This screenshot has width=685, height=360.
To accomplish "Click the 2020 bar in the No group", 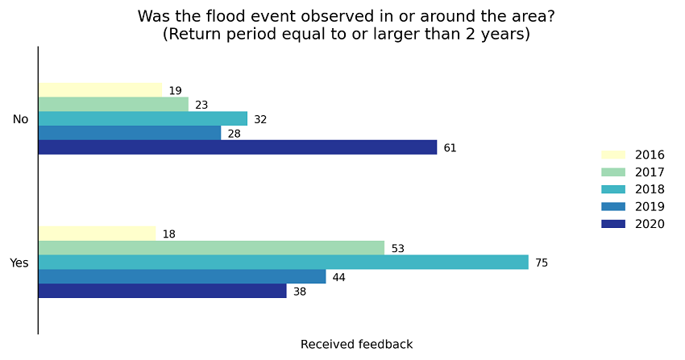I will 237,147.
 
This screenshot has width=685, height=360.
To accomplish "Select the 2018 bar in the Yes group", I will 283,263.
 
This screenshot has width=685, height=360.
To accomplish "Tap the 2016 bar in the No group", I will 100,90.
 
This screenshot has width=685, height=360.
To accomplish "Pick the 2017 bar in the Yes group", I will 211,248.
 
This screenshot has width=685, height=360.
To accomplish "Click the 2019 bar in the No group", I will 129,133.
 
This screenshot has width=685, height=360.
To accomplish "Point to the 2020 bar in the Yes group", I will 162,291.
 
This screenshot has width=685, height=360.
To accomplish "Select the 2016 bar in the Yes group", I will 97,234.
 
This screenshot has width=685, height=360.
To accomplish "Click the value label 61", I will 450,148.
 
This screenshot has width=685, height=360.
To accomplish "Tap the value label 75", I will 542,263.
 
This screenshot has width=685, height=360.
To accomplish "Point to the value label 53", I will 397,249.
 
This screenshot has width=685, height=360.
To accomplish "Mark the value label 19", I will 175,91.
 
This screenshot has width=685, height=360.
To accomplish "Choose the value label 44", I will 338,277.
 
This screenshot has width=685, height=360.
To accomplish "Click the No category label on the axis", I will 20,119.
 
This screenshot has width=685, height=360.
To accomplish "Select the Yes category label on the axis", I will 19,263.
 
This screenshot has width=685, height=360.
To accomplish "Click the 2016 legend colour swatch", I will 613,155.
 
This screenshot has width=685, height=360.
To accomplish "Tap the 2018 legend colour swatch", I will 613,189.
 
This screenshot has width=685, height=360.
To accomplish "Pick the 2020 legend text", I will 650,224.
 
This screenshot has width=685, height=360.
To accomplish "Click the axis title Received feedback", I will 356,344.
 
